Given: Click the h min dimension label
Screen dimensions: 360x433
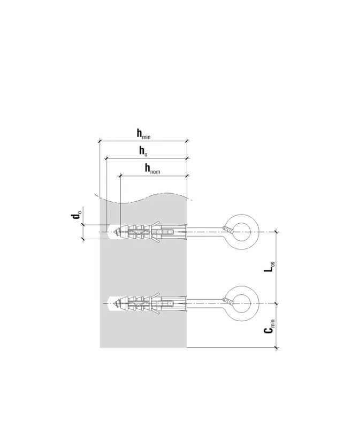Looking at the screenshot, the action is pos(144,134).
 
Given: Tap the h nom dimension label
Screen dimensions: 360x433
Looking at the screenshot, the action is pos(152,169).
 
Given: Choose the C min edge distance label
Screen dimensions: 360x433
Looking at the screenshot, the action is pos(270,326).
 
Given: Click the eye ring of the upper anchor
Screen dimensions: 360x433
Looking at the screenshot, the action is pos(242,231).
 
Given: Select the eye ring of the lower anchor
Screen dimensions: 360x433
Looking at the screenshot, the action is pos(242,303).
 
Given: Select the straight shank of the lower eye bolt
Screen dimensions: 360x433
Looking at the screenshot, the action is pos(204,303).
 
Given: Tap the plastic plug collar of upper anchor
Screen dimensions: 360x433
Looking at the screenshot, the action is pos(186,232).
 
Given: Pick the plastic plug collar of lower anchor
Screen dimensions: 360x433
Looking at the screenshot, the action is pos(186,303).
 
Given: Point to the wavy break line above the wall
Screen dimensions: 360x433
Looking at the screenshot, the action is pos(143,198).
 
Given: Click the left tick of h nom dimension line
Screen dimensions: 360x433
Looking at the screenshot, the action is pos(120,176).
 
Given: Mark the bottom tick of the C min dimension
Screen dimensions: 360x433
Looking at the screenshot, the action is pos(277,347).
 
